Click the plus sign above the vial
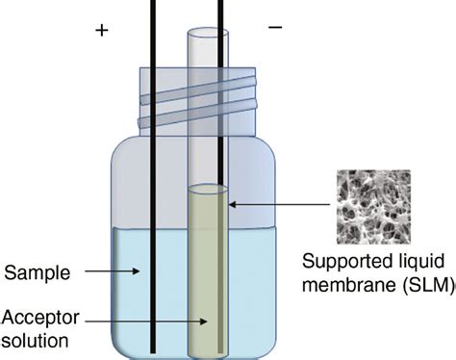100,30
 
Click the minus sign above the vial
276,28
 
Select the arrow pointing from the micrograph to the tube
278,203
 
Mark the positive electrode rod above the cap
153,29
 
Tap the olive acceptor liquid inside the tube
206,279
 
